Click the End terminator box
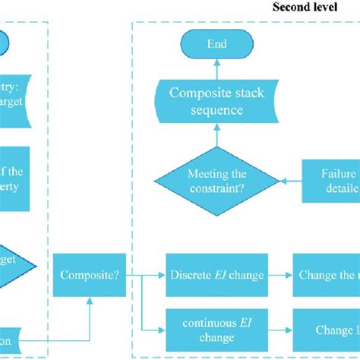point(216,45)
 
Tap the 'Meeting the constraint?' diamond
point(216,180)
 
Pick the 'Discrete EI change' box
point(216,274)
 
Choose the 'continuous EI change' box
point(216,329)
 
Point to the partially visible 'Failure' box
point(331,180)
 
